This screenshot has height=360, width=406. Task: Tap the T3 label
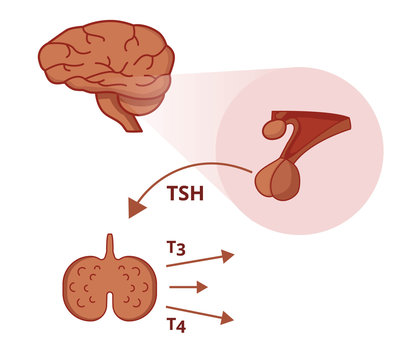175,247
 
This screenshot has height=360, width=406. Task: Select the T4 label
176,324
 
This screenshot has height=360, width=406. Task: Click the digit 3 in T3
181,249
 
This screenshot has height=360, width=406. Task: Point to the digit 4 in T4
182,325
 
